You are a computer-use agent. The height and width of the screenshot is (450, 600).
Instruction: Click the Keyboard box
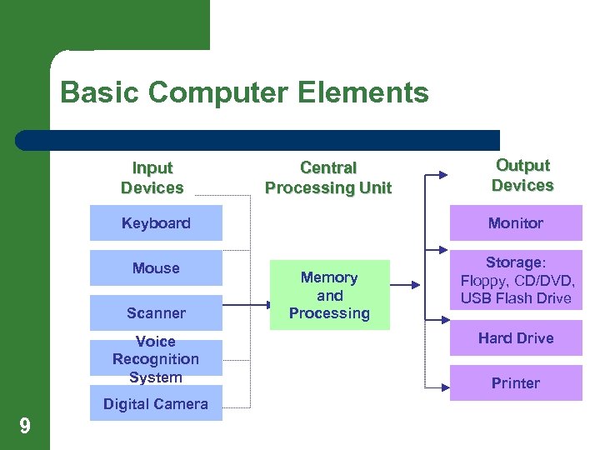(x=156, y=223)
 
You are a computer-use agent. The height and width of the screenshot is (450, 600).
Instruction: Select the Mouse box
(x=156, y=268)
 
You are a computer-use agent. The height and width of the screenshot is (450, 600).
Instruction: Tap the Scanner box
(x=156, y=313)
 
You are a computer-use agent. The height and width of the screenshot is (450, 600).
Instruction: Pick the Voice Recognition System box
(x=156, y=359)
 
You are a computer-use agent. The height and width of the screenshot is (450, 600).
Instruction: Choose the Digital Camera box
(x=156, y=404)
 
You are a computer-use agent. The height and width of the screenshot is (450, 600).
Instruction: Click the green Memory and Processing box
(x=329, y=296)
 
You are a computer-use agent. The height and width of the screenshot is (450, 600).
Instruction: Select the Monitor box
(x=516, y=223)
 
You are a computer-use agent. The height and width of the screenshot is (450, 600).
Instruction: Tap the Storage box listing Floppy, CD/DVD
(x=516, y=281)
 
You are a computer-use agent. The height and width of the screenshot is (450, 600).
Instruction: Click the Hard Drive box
(x=516, y=338)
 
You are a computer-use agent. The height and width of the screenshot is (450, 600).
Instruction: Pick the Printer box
(x=516, y=383)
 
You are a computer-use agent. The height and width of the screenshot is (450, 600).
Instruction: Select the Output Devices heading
(x=522, y=176)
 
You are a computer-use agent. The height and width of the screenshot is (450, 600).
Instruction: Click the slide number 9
(x=25, y=427)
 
